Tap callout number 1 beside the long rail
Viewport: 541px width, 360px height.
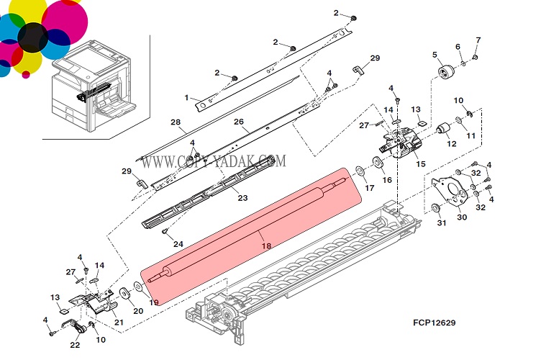(186, 97)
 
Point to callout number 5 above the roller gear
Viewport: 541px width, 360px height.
(435, 55)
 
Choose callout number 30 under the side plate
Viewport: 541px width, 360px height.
(462, 217)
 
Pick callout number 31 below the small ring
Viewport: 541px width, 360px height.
(442, 222)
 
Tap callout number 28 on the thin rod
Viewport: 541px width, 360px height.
(175, 122)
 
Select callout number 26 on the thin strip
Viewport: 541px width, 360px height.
(239, 122)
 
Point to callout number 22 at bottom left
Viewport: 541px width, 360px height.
(75, 345)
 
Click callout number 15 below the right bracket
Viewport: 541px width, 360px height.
(421, 163)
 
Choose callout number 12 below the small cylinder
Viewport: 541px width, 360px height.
(451, 144)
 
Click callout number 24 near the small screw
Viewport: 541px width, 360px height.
(178, 243)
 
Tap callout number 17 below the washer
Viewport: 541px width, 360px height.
(370, 188)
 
